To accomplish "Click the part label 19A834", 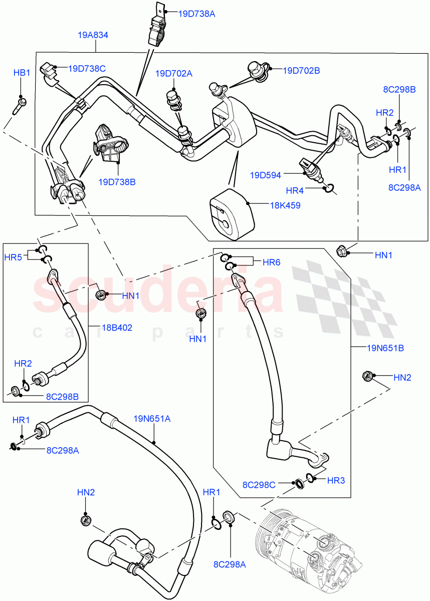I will (93, 35).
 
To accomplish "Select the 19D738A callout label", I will (196, 14).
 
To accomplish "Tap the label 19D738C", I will (87, 68).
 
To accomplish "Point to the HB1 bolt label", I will (22, 73).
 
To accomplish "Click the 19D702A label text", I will (173, 74).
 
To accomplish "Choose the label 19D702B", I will (301, 71).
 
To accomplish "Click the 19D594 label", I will (266, 175).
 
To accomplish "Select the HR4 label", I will (295, 190).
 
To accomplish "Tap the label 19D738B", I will (117, 182).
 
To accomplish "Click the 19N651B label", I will (372, 347).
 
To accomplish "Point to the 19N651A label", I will (152, 418).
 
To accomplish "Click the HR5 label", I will (13, 257).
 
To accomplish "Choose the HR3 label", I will (336, 480).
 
